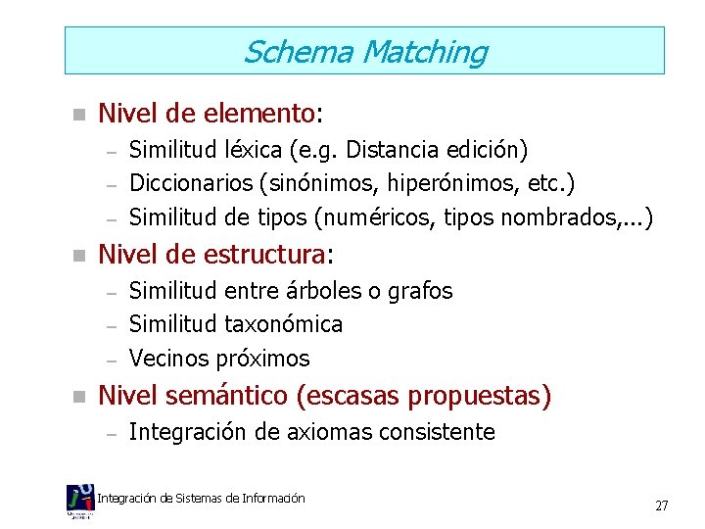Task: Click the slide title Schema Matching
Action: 364,51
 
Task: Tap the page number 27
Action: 662,505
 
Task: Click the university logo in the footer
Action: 80,502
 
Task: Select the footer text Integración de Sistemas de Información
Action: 202,499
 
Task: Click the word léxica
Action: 258,151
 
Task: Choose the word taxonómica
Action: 284,323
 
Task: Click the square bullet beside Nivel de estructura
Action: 80,257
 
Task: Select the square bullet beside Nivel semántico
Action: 80,398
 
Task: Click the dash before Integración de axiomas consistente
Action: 112,433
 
